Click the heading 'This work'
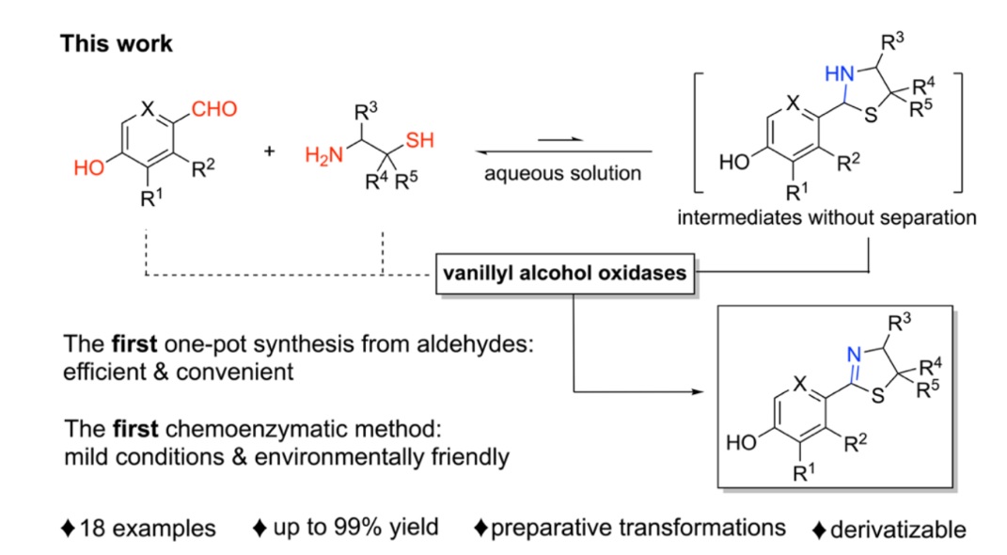117,43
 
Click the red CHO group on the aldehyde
214,109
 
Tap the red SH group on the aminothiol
420,140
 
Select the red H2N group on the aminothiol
324,155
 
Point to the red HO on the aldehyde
88,168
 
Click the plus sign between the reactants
269,151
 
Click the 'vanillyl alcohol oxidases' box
565,274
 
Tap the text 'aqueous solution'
562,173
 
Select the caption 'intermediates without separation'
826,217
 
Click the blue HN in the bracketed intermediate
840,74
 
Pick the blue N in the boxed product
854,355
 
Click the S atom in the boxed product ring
877,396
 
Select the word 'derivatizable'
898,530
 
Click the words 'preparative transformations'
637,528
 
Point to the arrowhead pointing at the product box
698,391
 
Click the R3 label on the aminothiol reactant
366,113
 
